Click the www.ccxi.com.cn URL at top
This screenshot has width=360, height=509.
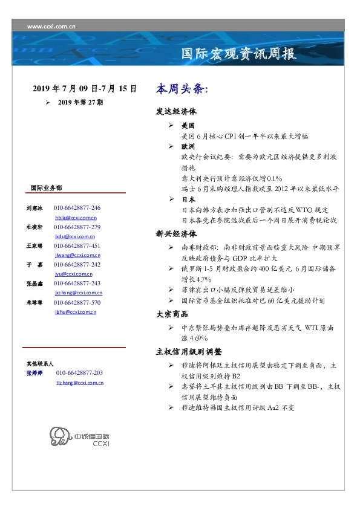tap(51, 26)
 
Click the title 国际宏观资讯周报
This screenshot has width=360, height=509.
tap(240, 54)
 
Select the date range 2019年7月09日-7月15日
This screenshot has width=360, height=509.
tap(84, 89)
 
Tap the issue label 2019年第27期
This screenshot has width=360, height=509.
tap(80, 103)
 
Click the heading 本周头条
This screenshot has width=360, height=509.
tap(182, 89)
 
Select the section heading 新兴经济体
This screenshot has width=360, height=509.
tap(176, 233)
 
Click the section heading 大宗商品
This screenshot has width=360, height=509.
tap(172, 314)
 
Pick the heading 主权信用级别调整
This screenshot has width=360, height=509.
tap(189, 351)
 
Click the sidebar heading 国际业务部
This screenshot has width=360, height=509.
tap(45, 187)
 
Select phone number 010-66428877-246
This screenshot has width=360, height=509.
tap(77, 207)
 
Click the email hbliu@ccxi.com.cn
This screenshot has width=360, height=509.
tap(76, 217)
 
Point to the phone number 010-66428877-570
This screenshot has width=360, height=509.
tap(77, 302)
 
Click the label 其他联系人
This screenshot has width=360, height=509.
tap(40, 364)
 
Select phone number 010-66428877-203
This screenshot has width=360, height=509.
tap(79, 374)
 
